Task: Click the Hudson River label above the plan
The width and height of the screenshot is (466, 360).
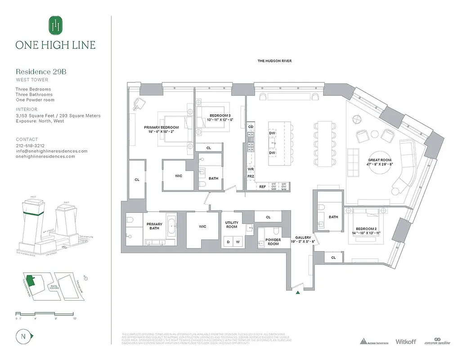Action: pos(274,61)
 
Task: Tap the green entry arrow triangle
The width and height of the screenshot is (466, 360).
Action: pos(297,293)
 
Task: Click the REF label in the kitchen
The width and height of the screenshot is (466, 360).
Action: pos(263,186)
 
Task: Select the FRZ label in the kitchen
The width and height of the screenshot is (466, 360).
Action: pos(251,176)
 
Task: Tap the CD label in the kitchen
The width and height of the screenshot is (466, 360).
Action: pos(251,127)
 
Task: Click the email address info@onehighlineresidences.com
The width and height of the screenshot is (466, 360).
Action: pos(52,151)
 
